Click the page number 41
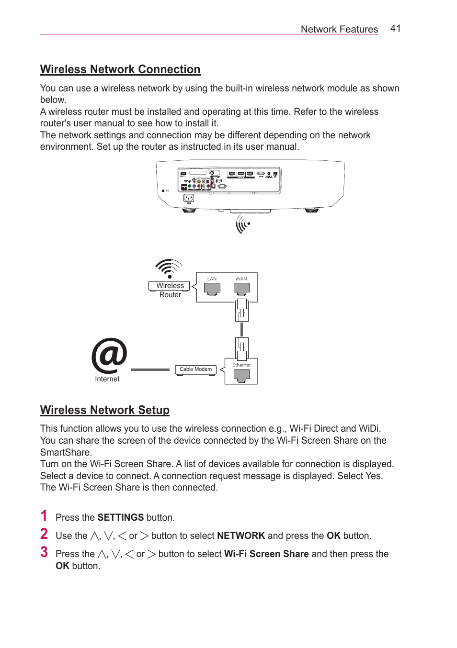click(395, 28)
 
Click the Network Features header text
click(339, 29)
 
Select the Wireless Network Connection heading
click(120, 69)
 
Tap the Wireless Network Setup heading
click(105, 410)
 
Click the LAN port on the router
click(212, 289)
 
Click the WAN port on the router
click(241, 289)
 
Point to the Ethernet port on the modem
click(241, 376)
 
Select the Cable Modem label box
click(195, 369)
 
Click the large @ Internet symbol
click(109, 356)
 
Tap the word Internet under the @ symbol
click(107, 379)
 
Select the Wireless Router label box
click(170, 286)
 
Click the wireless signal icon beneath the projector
click(242, 223)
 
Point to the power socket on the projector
click(189, 198)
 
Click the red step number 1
click(44, 516)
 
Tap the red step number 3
click(44, 552)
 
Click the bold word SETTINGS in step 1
click(121, 517)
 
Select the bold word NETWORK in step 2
click(241, 536)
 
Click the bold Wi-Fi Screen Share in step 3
click(266, 554)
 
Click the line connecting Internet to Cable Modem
click(150, 369)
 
